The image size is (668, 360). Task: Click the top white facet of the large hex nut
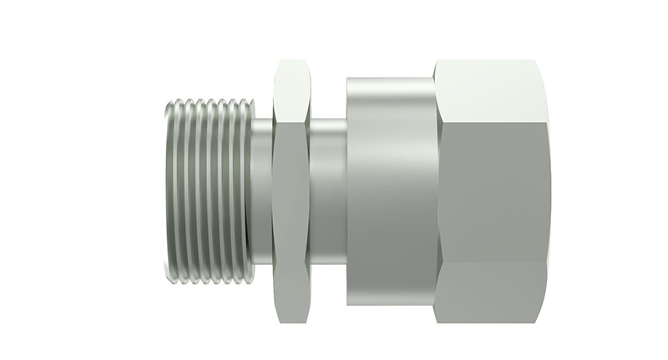[x=493, y=88]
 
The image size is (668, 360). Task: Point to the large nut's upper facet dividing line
[x=493, y=117]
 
